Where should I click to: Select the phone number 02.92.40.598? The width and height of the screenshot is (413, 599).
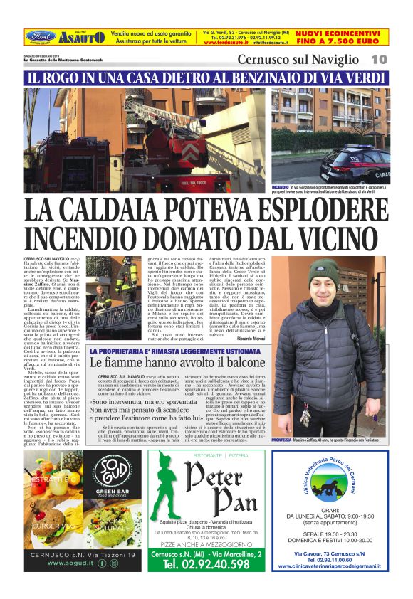pyautogui.click(x=206, y=563)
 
